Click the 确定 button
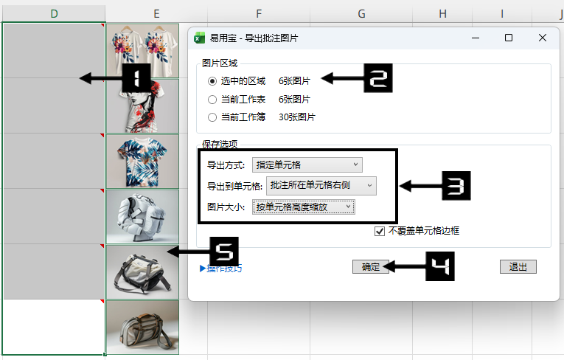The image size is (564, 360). click(x=371, y=267)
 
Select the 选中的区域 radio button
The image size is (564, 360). click(x=212, y=81)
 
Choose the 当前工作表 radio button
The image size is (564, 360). click(x=212, y=100)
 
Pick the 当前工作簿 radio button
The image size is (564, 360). click(x=212, y=117)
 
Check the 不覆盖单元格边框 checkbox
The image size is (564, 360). click(x=380, y=231)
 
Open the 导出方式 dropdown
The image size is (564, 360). click(x=307, y=165)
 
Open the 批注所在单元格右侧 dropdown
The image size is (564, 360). click(x=321, y=186)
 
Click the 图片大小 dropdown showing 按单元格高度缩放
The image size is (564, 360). click(x=304, y=207)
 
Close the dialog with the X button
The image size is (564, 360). click(x=543, y=38)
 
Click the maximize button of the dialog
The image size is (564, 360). click(x=509, y=38)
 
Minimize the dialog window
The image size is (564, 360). click(x=476, y=38)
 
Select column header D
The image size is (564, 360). click(x=54, y=14)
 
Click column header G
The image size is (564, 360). click(x=361, y=14)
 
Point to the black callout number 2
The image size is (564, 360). click(x=378, y=78)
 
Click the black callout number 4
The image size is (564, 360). click(x=440, y=266)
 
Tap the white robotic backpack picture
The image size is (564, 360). click(x=142, y=217)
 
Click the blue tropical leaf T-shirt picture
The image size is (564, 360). click(x=142, y=162)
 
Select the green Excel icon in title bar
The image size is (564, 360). click(x=199, y=38)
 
